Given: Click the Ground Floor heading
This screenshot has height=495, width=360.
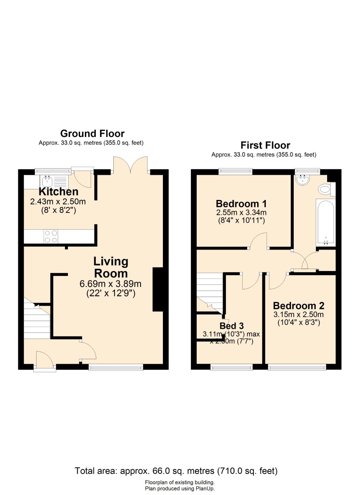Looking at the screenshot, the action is tap(92, 134).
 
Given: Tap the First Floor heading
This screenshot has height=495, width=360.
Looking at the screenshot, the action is tap(265, 145).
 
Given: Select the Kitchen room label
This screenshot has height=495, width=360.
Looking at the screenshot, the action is tap(59, 192).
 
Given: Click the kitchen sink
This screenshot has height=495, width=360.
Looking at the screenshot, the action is tap(47, 182).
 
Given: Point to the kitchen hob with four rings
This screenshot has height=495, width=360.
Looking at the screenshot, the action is tap(51, 237).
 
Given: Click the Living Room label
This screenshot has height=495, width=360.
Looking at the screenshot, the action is tap(111, 267).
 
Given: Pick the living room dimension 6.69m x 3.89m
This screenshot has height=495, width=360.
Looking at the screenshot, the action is tap(111, 284).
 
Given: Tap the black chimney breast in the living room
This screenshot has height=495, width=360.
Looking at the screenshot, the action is tap(158, 289).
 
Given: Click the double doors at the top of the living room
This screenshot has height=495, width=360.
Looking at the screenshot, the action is tap(130, 165).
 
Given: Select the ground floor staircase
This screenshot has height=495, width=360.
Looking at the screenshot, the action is tap(37, 319).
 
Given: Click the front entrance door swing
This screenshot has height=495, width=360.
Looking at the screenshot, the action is tap(45, 359).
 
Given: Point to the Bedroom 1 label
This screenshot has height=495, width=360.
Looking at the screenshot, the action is tap(241, 204).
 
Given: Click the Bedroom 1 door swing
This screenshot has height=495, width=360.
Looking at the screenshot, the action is tap(258, 241).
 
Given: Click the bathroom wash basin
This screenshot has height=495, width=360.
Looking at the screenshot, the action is tap(303, 180).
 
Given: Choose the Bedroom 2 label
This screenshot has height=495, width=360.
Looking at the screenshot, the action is tap(299, 306).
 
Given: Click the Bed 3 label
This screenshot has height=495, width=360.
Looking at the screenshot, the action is tap(232, 326).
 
